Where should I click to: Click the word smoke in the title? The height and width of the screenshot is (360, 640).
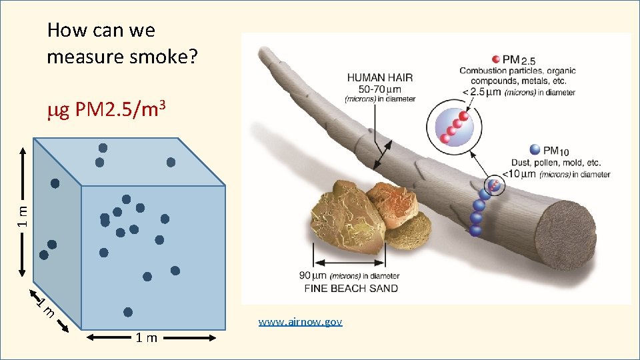point(167,57)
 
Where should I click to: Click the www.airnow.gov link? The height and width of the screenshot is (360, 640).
point(300,322)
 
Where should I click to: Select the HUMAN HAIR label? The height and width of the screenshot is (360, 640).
point(379,77)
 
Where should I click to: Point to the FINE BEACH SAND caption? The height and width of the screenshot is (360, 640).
point(351,289)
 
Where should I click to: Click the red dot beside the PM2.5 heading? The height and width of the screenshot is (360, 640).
point(495,59)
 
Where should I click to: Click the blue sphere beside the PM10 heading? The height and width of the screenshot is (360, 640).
point(534,150)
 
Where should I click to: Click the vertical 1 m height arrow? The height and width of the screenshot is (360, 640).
point(23,211)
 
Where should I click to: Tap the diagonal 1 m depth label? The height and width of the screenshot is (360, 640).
point(45,307)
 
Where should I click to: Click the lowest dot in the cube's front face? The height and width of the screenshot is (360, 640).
point(128,311)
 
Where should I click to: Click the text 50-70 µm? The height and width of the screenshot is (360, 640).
point(380,88)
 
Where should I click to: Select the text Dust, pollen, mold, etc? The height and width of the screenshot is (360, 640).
point(555,162)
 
